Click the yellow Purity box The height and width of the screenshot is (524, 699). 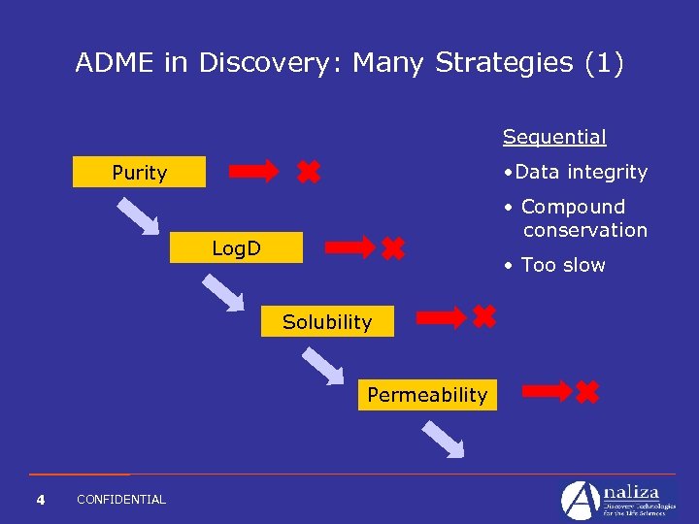point(140,172)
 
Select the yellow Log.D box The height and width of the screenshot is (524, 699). point(236,248)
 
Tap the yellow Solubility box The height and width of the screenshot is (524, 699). point(327,321)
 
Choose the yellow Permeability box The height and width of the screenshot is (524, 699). point(427,394)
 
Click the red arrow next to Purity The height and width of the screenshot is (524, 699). point(253,173)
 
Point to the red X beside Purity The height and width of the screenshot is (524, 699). point(308,173)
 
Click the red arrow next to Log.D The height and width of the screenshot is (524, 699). point(349,247)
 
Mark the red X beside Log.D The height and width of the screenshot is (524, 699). point(393,248)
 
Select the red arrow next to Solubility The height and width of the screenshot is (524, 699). point(442,316)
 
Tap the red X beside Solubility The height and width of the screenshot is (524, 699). point(483,315)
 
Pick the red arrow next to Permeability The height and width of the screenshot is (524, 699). point(547,391)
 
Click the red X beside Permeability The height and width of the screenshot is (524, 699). point(587,392)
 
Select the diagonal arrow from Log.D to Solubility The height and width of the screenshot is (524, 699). point(222,292)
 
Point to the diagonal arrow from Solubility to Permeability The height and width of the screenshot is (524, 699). point(322,366)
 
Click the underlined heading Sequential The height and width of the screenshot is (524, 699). point(554,137)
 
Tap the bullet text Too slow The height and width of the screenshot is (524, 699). point(562,265)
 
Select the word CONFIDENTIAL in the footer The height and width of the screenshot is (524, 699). point(121,500)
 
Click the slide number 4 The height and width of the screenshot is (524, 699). point(40,500)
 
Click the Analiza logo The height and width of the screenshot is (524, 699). point(617,499)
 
